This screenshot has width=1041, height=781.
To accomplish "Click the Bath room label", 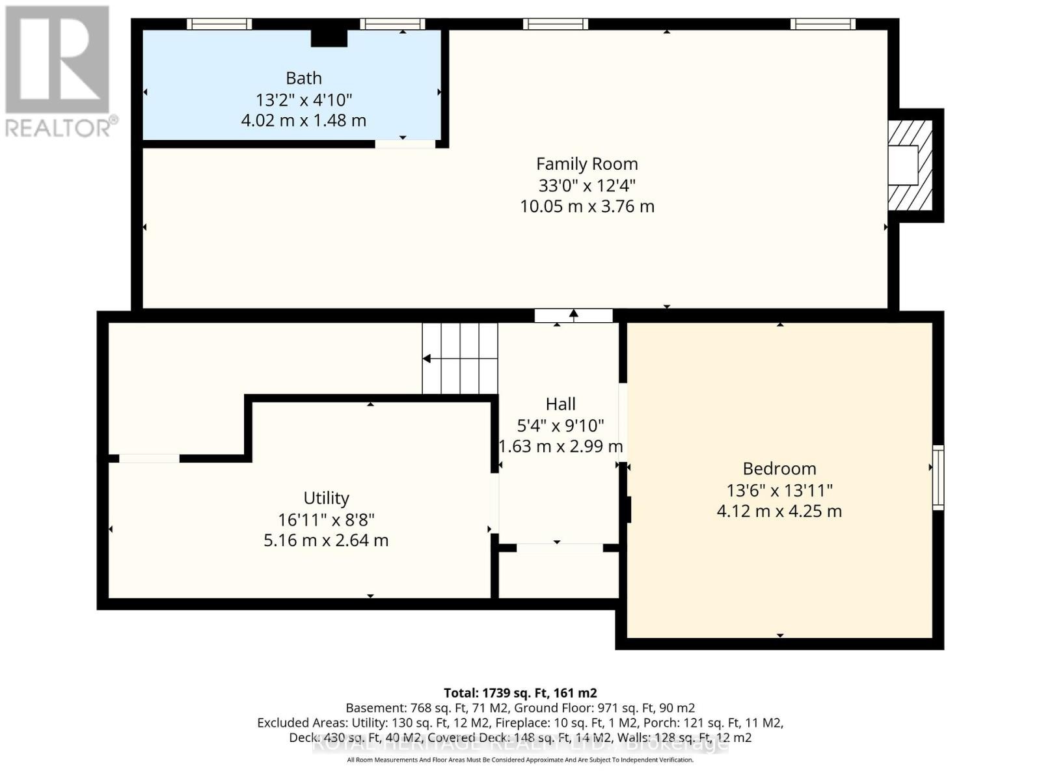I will (304, 78).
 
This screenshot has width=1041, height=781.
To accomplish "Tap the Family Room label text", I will (587, 164).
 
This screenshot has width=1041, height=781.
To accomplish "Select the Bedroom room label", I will (779, 469).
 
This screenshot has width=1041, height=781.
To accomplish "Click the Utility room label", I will (326, 498).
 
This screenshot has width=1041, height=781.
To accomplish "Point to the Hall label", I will (560, 404).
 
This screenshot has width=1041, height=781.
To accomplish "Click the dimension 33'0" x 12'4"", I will (587, 185).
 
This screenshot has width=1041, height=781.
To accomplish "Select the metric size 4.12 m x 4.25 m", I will (779, 512).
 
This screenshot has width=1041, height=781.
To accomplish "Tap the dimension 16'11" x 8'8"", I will (326, 520).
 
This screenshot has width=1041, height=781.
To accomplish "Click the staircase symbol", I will (460, 359).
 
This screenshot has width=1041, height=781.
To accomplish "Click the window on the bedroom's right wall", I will (938, 477).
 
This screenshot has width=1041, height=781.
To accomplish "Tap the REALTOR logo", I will (59, 72).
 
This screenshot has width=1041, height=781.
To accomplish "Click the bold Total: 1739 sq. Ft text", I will (520, 693).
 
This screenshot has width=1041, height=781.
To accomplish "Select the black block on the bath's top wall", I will (329, 38).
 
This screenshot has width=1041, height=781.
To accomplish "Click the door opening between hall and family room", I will (573, 316).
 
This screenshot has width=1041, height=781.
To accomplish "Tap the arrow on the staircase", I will (427, 359).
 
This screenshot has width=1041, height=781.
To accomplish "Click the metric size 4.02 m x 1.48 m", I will (304, 121).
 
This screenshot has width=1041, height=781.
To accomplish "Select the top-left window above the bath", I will (219, 24).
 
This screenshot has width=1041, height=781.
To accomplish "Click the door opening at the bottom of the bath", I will (405, 144).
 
